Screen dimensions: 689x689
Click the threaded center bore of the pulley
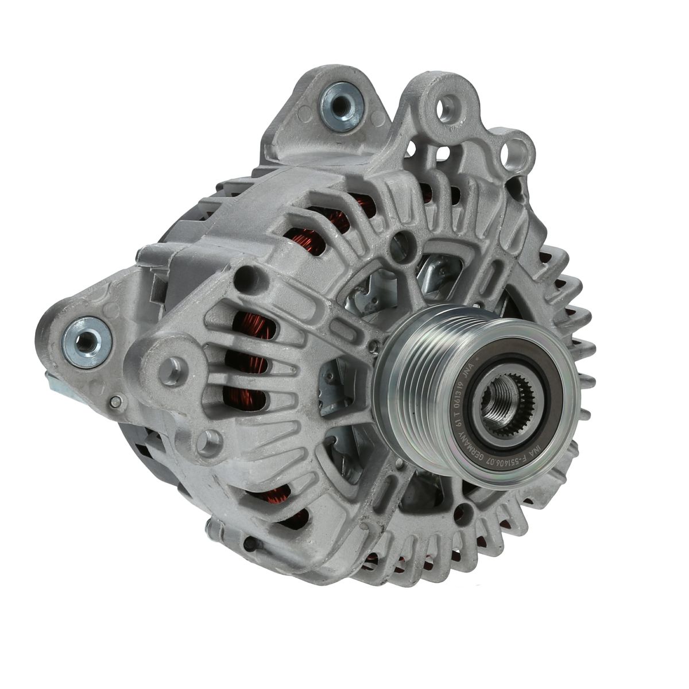coord(498,398)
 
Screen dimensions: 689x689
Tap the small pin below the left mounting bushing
coord(117,401)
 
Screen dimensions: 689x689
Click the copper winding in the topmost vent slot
coord(359,204)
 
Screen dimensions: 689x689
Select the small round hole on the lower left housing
coord(249,544)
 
